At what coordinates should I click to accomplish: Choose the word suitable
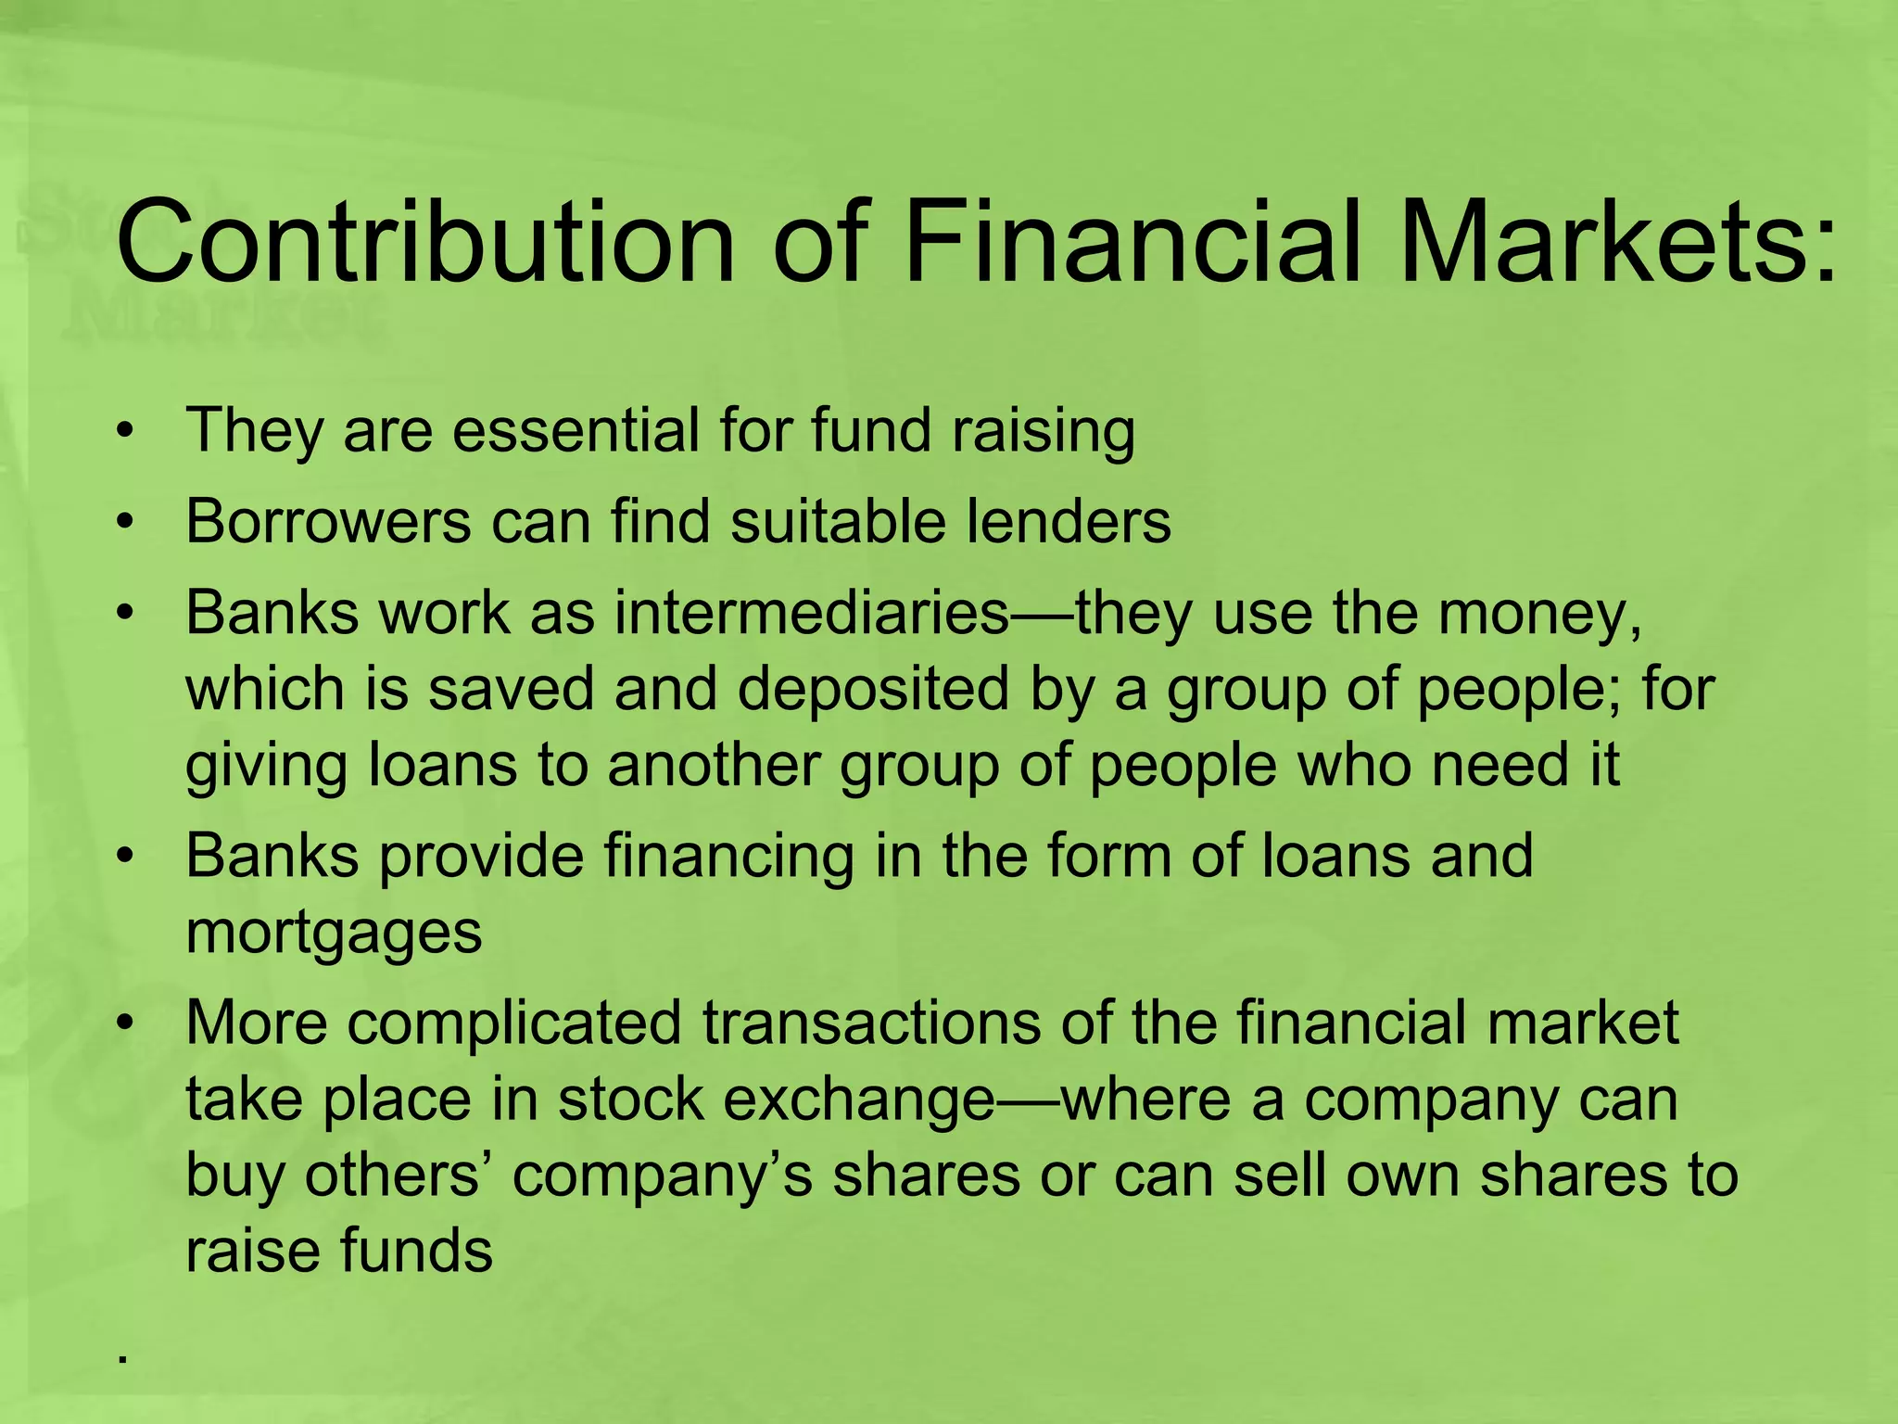tap(838, 522)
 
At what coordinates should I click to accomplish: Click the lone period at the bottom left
tap(121, 1360)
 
